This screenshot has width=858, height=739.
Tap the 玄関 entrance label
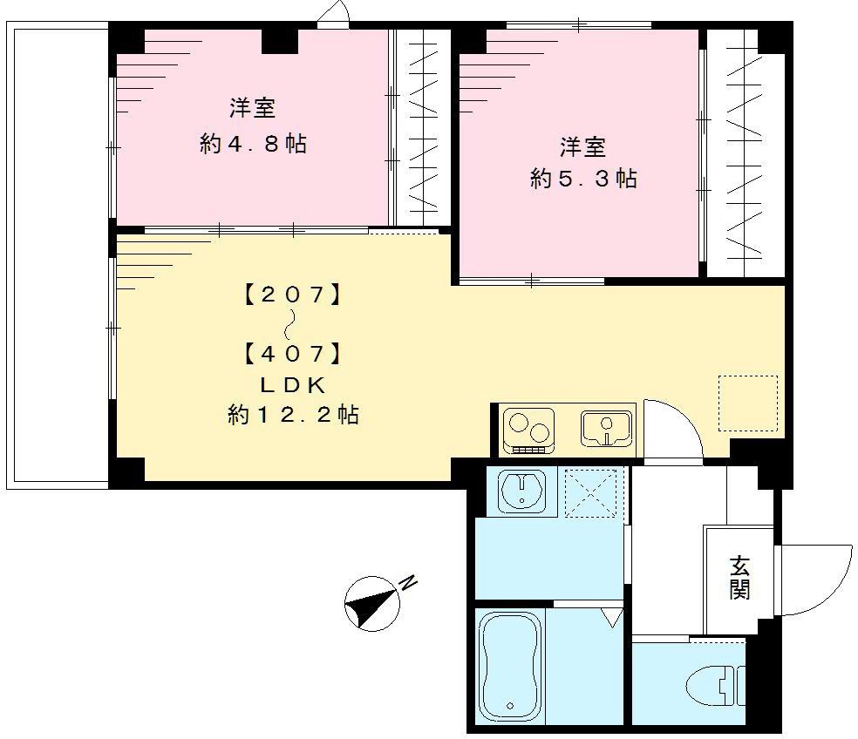coord(739,577)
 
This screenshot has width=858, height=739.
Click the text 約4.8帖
coord(253,144)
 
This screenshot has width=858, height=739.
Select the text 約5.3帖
coord(583,179)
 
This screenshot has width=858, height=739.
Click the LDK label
coord(293,384)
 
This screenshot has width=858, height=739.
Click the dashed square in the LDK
coord(747,403)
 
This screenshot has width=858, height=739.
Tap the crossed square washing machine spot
coord(592,493)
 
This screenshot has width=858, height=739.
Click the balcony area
coord(58,256)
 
